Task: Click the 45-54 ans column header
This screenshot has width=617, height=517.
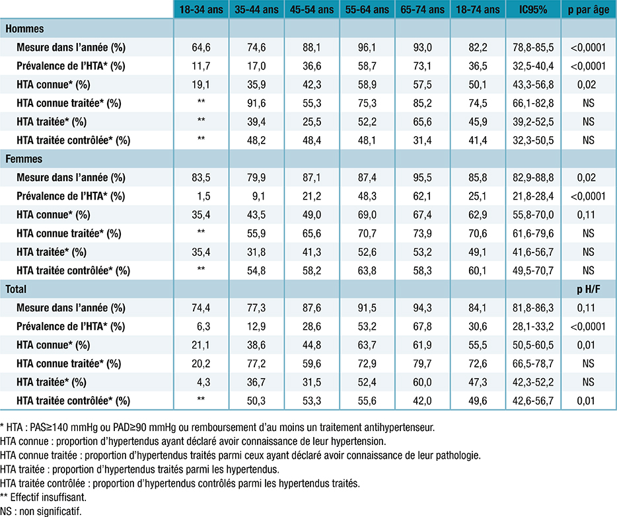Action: [311, 10]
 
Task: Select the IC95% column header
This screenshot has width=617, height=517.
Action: [532, 10]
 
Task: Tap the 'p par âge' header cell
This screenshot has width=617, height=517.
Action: [588, 10]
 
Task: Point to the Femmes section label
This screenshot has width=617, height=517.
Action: [24, 159]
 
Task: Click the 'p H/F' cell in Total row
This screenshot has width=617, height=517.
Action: [588, 290]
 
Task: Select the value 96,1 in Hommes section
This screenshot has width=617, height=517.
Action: [367, 48]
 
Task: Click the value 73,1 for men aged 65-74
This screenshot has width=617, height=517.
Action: [422, 66]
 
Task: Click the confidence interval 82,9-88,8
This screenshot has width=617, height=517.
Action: [532, 178]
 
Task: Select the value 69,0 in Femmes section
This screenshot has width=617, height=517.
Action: [367, 215]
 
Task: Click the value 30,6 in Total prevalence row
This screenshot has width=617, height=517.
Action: [478, 327]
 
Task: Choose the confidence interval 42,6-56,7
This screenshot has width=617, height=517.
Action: [532, 401]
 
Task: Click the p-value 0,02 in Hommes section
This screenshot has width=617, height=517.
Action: [588, 85]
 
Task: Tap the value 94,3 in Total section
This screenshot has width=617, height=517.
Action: [422, 308]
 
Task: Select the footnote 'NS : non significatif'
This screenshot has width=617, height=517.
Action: [42, 510]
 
